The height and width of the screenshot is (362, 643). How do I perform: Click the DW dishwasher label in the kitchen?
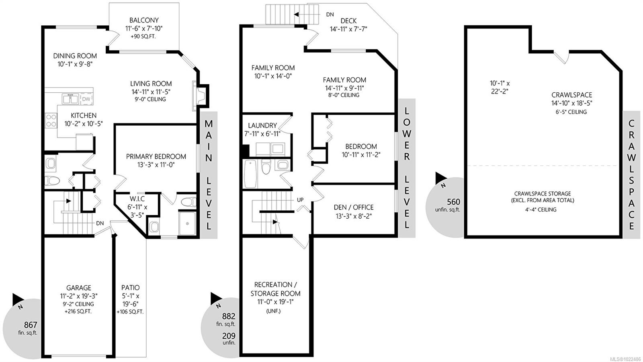tap(86, 99)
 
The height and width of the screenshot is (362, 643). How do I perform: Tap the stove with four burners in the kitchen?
tap(51, 120)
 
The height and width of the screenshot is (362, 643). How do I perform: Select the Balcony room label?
tap(144, 20)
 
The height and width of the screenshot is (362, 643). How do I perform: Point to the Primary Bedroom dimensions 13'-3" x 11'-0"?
tap(156, 165)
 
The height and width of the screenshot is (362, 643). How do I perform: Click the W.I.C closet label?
tap(137, 199)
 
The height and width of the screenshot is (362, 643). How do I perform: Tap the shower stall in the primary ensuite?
tap(187, 223)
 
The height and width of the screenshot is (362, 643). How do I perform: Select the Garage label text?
tap(79, 288)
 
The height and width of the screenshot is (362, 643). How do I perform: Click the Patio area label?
tap(131, 288)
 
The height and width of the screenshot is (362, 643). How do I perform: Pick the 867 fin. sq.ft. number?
tap(31, 325)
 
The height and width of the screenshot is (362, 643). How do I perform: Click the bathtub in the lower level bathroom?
tap(250, 173)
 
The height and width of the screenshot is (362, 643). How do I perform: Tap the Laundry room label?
tap(262, 126)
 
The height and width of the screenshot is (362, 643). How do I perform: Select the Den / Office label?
tap(354, 207)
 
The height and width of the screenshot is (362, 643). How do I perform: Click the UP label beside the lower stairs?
tap(300, 200)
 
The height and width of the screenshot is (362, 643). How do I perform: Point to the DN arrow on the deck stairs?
tap(297, 14)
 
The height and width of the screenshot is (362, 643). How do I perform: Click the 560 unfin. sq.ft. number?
tap(453, 202)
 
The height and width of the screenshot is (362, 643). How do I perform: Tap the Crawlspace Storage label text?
tap(543, 193)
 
